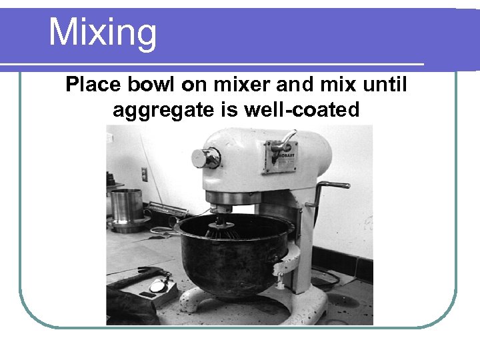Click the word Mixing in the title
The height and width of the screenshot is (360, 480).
click(x=103, y=33)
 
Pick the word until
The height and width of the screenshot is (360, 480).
click(x=385, y=85)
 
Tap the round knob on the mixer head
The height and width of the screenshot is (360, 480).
click(x=203, y=158)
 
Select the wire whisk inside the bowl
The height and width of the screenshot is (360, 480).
click(x=223, y=229)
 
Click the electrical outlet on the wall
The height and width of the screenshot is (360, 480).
click(x=144, y=175)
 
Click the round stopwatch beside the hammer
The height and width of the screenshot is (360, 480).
click(x=159, y=285)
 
